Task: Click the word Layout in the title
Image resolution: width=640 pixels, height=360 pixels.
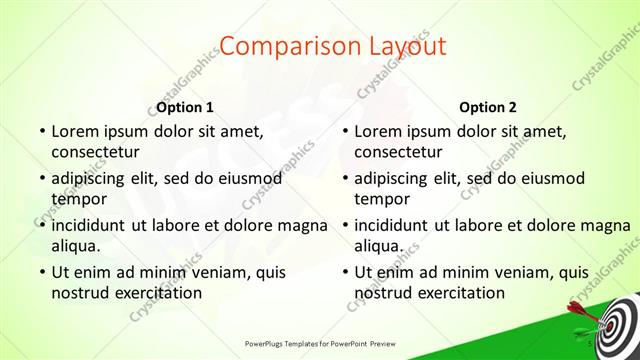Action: pyautogui.click(x=402, y=47)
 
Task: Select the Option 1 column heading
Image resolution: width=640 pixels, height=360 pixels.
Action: pyautogui.click(x=186, y=107)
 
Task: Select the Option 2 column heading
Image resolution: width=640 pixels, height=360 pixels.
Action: pyautogui.click(x=488, y=107)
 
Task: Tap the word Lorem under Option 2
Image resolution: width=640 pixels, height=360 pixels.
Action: pyautogui.click(x=377, y=131)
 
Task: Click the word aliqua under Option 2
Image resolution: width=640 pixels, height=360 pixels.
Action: pyautogui.click(x=378, y=245)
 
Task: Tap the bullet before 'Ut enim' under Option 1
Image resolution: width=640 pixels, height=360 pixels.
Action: pyautogui.click(x=41, y=271)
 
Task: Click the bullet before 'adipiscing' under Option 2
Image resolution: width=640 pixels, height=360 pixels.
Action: pyautogui.click(x=344, y=178)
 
